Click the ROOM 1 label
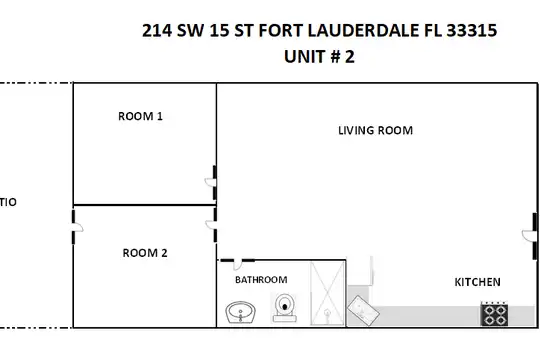click(x=140, y=116)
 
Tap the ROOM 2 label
click(x=145, y=253)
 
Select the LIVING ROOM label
click(x=375, y=130)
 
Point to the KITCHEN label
click(x=477, y=282)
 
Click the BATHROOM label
click(x=261, y=279)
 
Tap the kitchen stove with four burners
click(x=494, y=313)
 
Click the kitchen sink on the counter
click(x=363, y=310)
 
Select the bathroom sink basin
click(x=240, y=312)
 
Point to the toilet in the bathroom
click(x=285, y=308)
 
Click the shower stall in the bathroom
click(x=328, y=294)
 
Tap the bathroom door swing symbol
click(x=237, y=264)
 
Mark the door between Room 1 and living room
click(x=212, y=183)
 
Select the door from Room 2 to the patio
click(x=76, y=227)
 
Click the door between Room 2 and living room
click(x=212, y=225)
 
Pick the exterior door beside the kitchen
click(x=531, y=236)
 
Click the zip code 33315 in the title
click(x=472, y=30)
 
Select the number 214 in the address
click(x=157, y=30)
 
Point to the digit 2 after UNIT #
click(x=350, y=56)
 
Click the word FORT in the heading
click(x=280, y=30)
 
